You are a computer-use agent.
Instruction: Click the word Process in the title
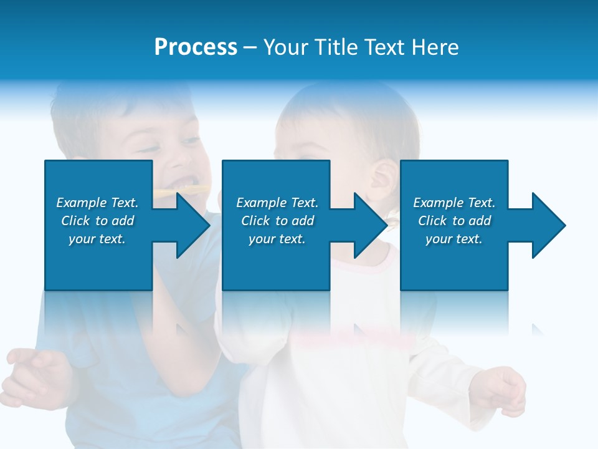click(196, 47)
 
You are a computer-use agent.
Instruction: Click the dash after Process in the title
click(250, 48)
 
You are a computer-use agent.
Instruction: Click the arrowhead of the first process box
click(190, 225)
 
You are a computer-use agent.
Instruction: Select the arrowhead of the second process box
click(368, 225)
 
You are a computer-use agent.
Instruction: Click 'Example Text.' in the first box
click(97, 203)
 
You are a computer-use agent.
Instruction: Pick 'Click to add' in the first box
click(97, 221)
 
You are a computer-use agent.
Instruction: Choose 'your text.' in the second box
click(277, 239)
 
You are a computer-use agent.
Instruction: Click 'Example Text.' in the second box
click(277, 203)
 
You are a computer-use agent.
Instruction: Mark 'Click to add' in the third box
click(454, 221)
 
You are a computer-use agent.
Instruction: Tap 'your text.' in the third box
click(454, 239)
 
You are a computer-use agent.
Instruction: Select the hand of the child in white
click(505, 390)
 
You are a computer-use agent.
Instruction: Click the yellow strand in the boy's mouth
click(163, 191)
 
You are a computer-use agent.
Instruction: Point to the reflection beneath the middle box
click(276, 312)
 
